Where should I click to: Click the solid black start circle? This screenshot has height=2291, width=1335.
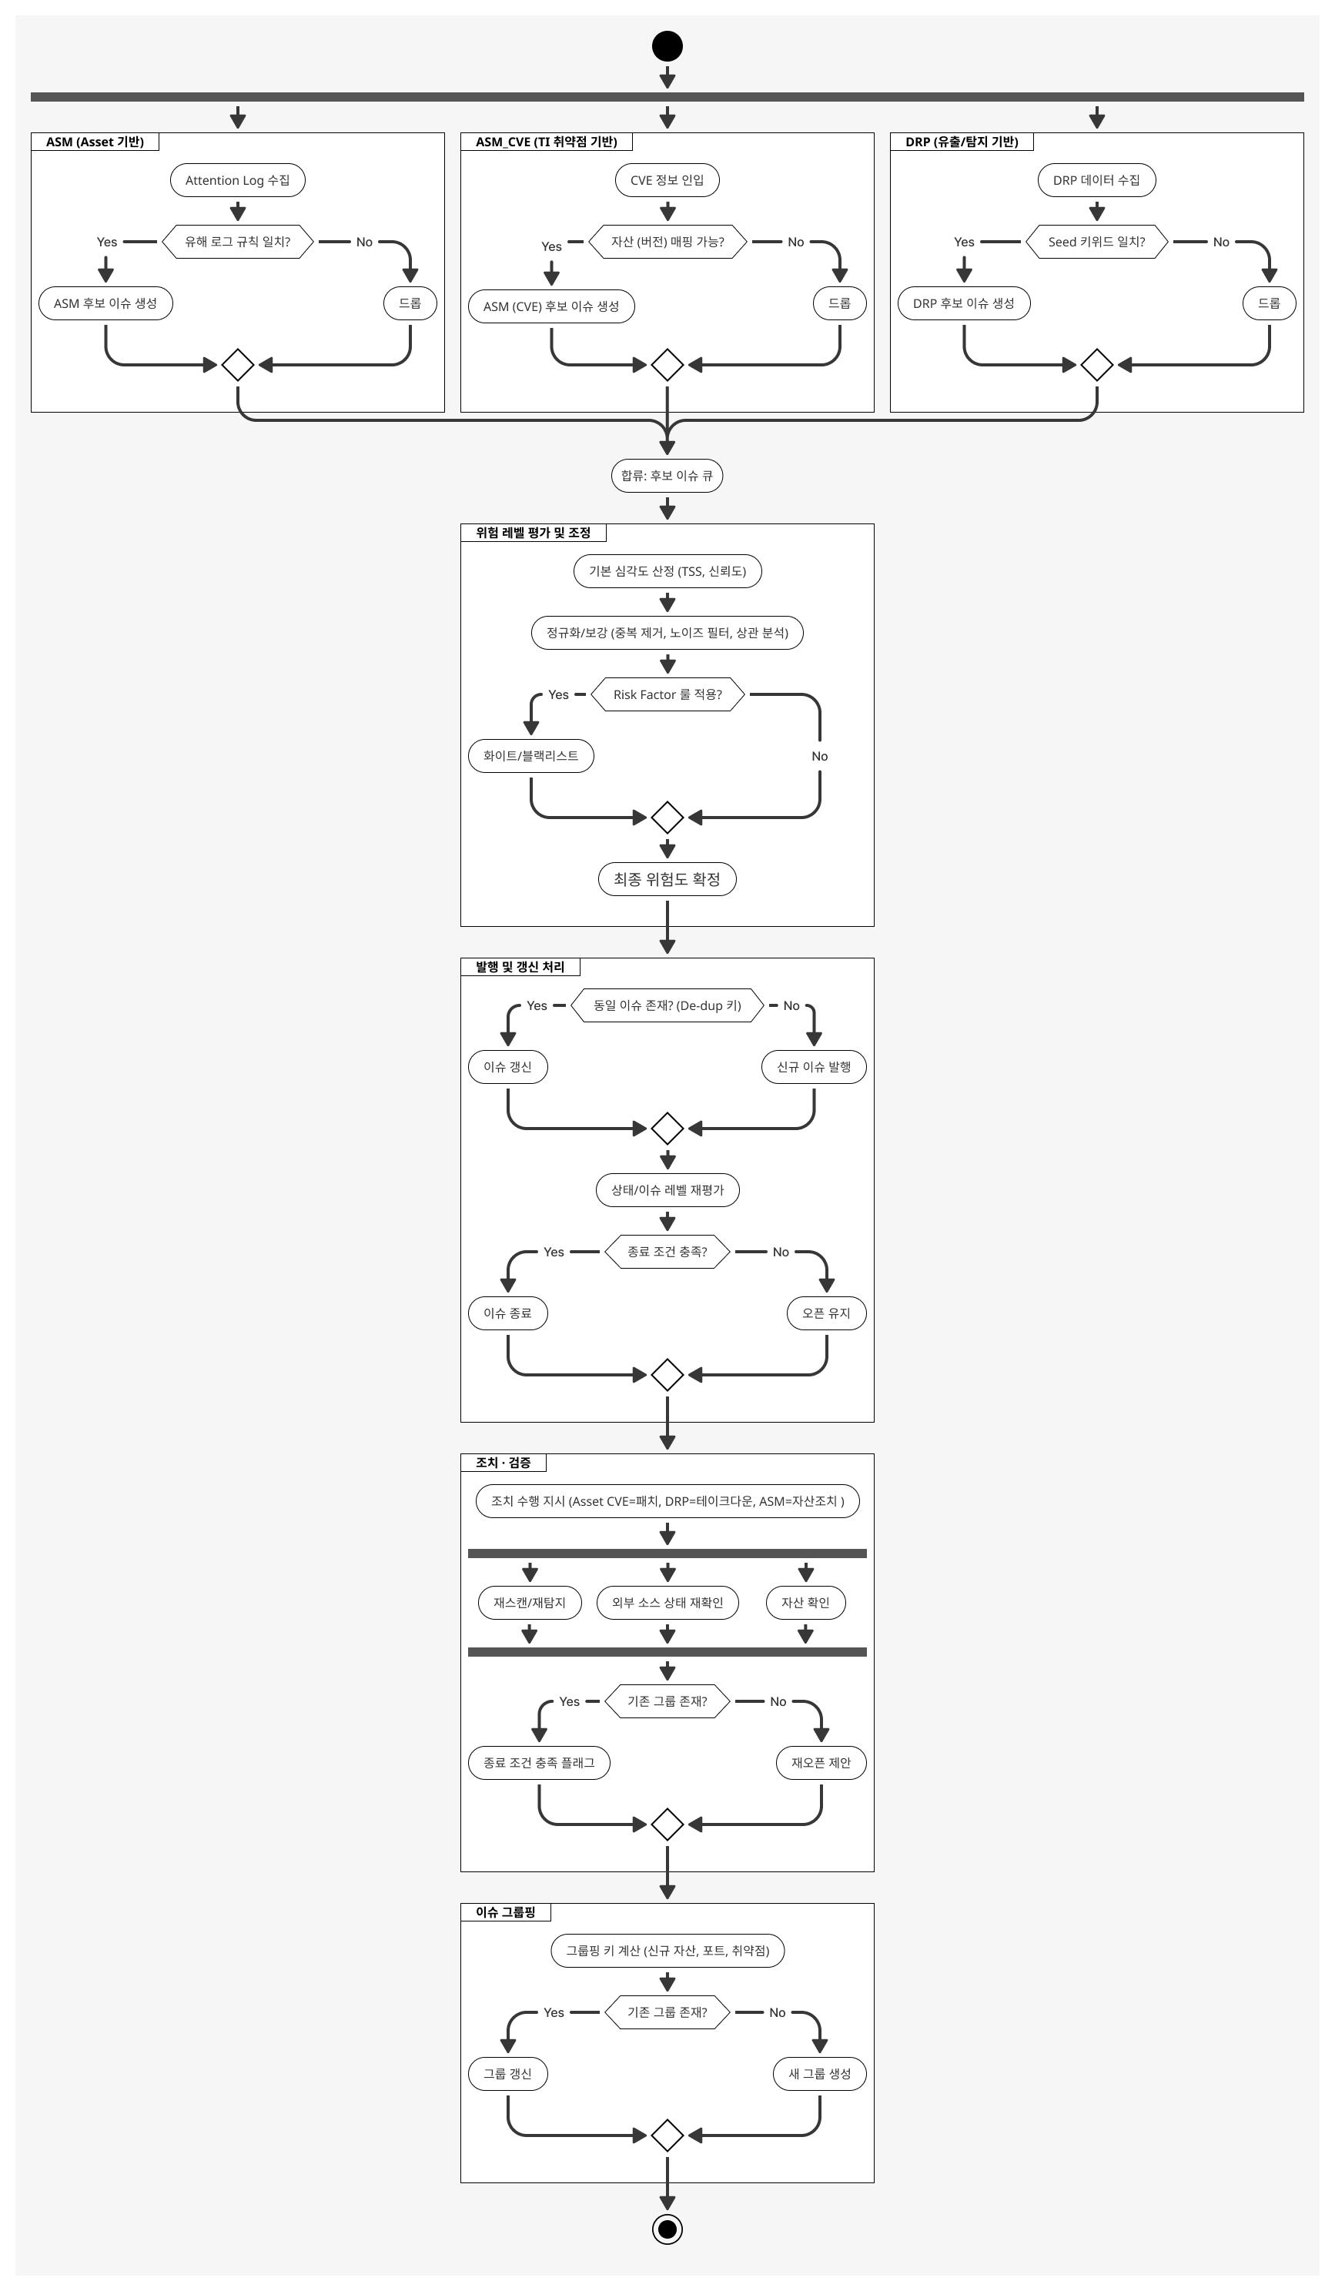pyautogui.click(x=667, y=46)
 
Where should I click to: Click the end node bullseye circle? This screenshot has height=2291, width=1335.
pyautogui.click(x=667, y=2229)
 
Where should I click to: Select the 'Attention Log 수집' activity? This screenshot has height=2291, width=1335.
pyautogui.click(x=237, y=180)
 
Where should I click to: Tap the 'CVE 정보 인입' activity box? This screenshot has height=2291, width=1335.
pyautogui.click(x=667, y=180)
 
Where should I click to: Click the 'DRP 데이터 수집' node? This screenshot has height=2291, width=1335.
pyautogui.click(x=1097, y=180)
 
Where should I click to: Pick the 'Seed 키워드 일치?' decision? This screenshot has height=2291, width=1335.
pyautogui.click(x=1097, y=242)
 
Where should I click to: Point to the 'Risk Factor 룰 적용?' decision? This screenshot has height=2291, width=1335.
pyautogui.click(x=667, y=694)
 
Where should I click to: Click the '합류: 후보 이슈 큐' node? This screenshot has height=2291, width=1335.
pyautogui.click(x=667, y=476)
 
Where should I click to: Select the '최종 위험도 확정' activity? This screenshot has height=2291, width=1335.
pyautogui.click(x=667, y=879)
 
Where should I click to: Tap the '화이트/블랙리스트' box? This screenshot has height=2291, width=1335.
pyautogui.click(x=531, y=755)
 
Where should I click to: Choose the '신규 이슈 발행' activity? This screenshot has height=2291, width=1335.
pyautogui.click(x=814, y=1066)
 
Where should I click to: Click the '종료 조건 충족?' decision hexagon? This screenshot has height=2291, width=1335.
pyautogui.click(x=667, y=1252)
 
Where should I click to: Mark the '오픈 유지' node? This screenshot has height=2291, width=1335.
pyautogui.click(x=827, y=1313)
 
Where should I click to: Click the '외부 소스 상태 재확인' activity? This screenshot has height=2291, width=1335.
pyautogui.click(x=667, y=1602)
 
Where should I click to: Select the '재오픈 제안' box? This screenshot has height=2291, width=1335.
pyautogui.click(x=821, y=1762)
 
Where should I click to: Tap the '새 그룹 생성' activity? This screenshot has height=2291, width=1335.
pyautogui.click(x=820, y=2074)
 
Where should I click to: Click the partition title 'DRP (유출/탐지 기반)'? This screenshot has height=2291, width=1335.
pyautogui.click(x=962, y=142)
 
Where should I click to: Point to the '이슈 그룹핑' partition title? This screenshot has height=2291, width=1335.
pyautogui.click(x=506, y=1912)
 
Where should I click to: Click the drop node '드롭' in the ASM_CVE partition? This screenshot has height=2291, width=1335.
pyautogui.click(x=839, y=303)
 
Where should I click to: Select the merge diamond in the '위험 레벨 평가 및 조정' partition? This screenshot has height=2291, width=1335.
pyautogui.click(x=667, y=818)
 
